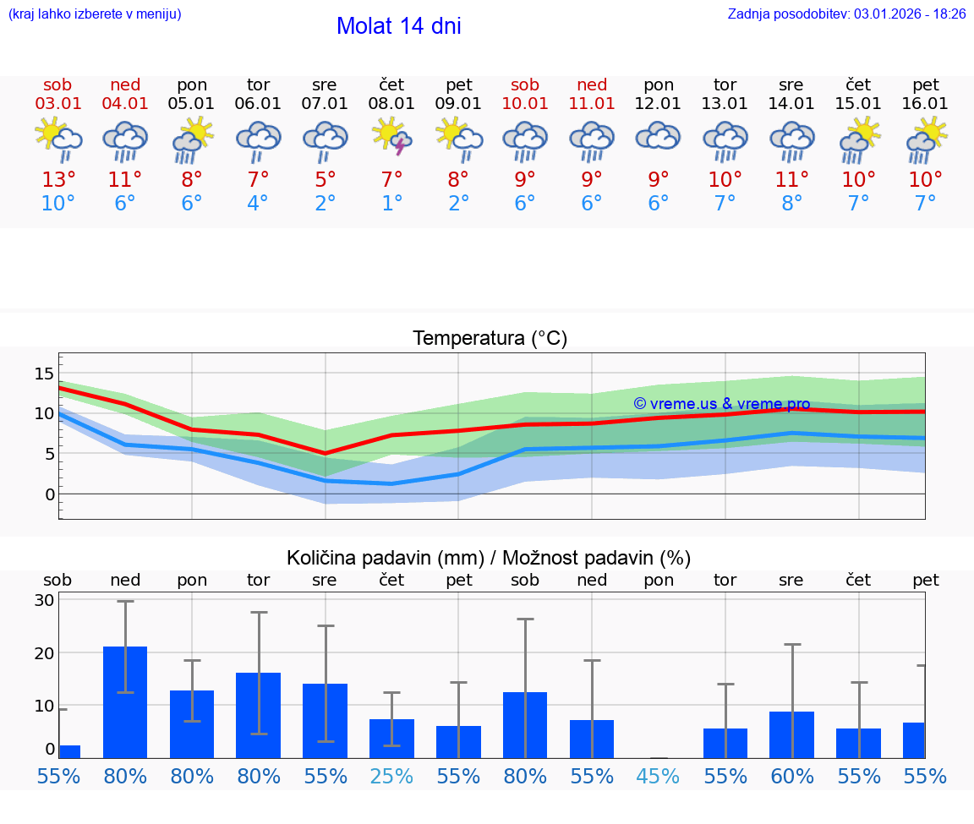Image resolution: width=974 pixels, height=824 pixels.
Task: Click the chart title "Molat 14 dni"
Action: pos(398,26)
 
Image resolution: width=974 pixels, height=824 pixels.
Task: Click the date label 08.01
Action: pos(391,104)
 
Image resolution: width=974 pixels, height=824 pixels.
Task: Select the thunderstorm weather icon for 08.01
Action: pos(391,138)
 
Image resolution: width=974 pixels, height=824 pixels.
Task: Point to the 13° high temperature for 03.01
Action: pos(58,180)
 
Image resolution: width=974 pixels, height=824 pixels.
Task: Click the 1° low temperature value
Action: pos(391,204)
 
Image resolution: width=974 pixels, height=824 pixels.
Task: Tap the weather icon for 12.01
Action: pos(658,138)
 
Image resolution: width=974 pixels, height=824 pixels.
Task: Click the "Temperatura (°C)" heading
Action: pos(490,339)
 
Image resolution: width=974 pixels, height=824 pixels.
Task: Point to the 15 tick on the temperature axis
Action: pos(44,374)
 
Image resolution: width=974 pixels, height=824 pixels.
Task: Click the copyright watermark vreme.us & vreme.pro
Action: pos(721,404)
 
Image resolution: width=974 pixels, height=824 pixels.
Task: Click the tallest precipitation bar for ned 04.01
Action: pos(125,701)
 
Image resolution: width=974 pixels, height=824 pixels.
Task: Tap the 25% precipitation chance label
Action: pos(391,777)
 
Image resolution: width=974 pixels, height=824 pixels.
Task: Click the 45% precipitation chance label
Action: pos(658,777)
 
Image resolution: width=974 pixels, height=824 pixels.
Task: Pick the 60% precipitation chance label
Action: pos(791,777)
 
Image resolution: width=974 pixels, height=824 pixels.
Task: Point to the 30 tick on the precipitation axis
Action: pos(44,601)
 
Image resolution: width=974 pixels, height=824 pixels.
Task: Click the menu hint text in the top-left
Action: pos(95,14)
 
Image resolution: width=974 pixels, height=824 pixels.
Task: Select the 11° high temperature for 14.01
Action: pos(791,180)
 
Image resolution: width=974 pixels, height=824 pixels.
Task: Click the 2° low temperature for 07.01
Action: pos(325,204)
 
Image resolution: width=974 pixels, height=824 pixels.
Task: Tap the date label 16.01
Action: pos(925,104)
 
